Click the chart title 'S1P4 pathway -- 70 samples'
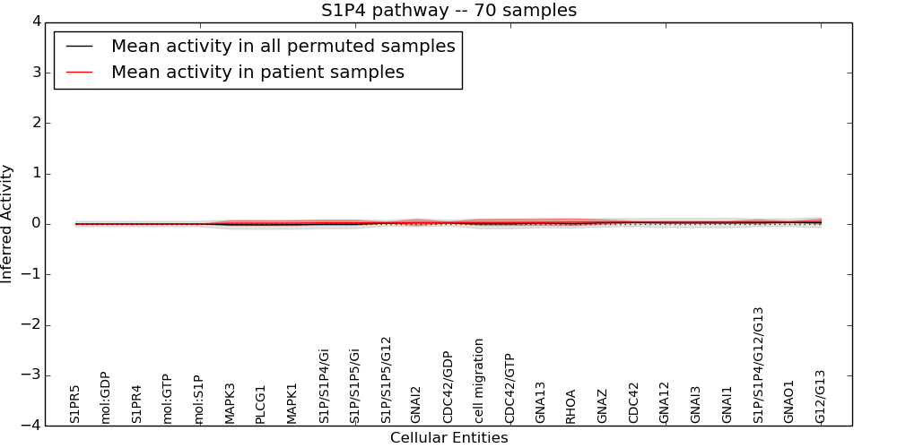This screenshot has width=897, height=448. [448, 11]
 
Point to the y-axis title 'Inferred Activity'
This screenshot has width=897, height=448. [7, 224]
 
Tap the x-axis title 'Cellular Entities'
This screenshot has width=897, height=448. [448, 438]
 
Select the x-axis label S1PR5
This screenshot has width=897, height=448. [75, 404]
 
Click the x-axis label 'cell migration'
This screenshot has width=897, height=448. [479, 381]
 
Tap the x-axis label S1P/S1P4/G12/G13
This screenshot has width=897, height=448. [759, 365]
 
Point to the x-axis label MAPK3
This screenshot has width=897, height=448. [231, 403]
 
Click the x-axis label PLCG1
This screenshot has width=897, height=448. [261, 404]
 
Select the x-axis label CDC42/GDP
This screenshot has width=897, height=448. [448, 387]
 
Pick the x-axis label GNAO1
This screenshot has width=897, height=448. [789, 401]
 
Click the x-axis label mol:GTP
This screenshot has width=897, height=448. [168, 399]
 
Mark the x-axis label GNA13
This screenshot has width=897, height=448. [541, 402]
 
